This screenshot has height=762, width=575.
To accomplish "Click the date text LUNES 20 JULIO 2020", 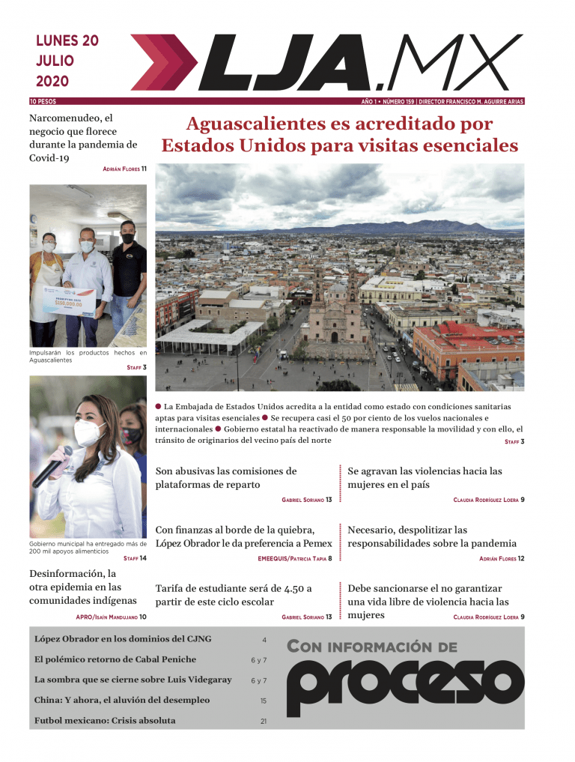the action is point(67,61).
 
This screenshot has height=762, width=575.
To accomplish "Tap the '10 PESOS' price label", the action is point(43,101).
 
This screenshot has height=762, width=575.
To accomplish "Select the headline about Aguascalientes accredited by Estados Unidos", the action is point(339,135).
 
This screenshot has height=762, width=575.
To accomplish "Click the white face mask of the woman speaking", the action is point(88,432).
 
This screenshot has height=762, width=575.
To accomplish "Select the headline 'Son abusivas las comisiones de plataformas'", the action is point(226,478).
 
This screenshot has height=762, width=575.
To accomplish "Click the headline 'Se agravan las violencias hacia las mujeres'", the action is point(425,478).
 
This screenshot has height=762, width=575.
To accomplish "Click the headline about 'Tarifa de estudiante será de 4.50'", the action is point(234,595).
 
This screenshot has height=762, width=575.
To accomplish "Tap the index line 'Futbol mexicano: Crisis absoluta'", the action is point(105,721).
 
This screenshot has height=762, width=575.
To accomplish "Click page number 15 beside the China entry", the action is point(264,701).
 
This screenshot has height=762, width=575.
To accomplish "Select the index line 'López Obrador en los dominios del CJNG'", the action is point(123,639).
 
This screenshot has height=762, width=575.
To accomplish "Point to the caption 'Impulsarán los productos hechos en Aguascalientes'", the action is point(88,356).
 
